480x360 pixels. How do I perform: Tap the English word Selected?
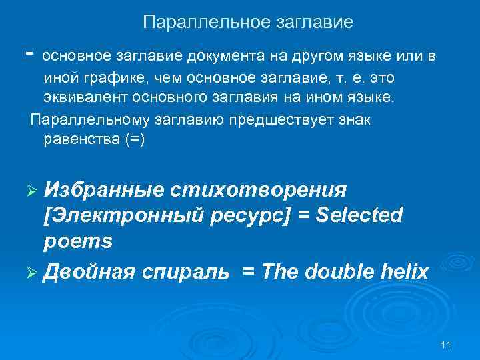pyautogui.click(x=361, y=215)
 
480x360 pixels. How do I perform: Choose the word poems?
pyautogui.click(x=77, y=241)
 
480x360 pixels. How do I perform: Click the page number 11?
pyautogui.click(x=446, y=344)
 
